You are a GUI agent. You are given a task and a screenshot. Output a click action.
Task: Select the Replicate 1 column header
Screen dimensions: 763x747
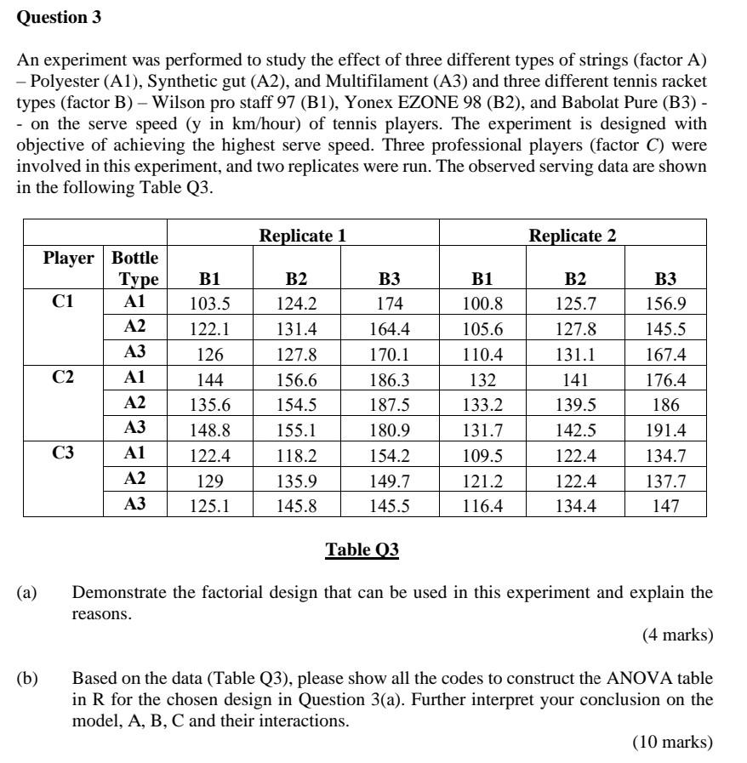pos(303,235)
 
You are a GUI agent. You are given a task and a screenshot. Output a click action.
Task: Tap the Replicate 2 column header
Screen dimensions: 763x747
pos(573,235)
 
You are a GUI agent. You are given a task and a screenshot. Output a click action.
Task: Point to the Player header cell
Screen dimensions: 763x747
pos(69,257)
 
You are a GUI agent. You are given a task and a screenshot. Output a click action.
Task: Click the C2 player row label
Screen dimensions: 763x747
pos(64,377)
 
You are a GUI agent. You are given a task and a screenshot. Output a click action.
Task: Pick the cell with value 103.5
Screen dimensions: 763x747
pos(209,303)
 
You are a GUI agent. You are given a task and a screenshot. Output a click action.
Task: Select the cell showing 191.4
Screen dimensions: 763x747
pos(665,430)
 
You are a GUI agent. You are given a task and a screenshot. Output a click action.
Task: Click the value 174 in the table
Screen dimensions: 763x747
pos(390,303)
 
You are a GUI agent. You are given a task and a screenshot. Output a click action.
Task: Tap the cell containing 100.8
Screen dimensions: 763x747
pos(482,303)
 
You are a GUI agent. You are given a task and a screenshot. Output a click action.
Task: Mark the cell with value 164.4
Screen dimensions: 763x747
pos(390,328)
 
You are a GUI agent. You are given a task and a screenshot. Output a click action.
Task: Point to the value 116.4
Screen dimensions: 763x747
pos(482,505)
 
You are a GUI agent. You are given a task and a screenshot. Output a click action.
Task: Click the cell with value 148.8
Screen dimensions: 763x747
pos(209,430)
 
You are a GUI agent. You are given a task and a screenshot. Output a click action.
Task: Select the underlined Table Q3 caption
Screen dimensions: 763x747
pos(362,550)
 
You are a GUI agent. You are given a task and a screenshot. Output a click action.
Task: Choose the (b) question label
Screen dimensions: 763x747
pos(27,679)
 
